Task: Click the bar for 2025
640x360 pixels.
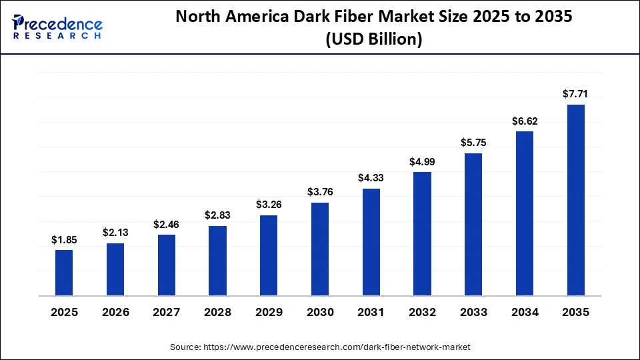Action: tap(64, 273)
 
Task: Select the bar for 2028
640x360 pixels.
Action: tap(217, 261)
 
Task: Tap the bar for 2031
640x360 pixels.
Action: tap(371, 242)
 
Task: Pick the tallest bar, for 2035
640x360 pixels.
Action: tap(576, 200)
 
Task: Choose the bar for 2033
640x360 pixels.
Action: tap(473, 224)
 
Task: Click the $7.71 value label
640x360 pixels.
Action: tap(576, 94)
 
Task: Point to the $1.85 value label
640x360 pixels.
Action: tap(64, 239)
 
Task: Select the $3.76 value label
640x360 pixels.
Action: tap(320, 192)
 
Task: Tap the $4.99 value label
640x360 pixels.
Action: tap(423, 161)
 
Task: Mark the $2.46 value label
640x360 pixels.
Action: tap(167, 224)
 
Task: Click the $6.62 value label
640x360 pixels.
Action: tap(525, 121)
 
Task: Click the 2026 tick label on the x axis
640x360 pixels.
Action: tap(115, 312)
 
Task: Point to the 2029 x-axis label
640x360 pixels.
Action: tap(269, 312)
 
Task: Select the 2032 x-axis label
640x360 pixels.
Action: tap(423, 312)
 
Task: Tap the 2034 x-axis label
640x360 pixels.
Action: tap(525, 312)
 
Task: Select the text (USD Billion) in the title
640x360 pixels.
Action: tap(373, 40)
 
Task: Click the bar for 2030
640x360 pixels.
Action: tap(320, 249)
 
